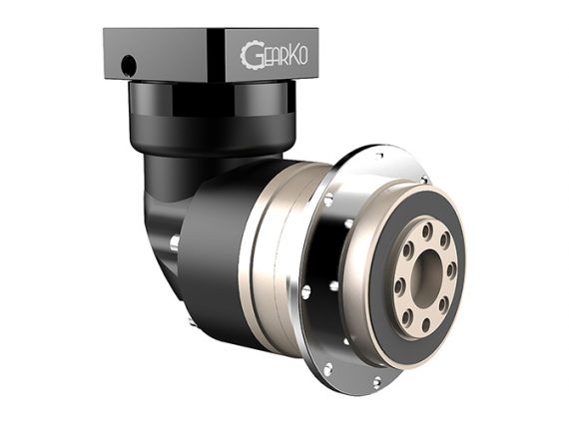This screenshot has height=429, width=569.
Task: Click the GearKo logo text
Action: tap(274, 56)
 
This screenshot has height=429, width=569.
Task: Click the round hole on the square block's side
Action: tap(129, 65)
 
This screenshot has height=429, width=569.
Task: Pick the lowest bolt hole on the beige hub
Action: tap(426, 324)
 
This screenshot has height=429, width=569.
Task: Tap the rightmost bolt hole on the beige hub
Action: tap(451, 270)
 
